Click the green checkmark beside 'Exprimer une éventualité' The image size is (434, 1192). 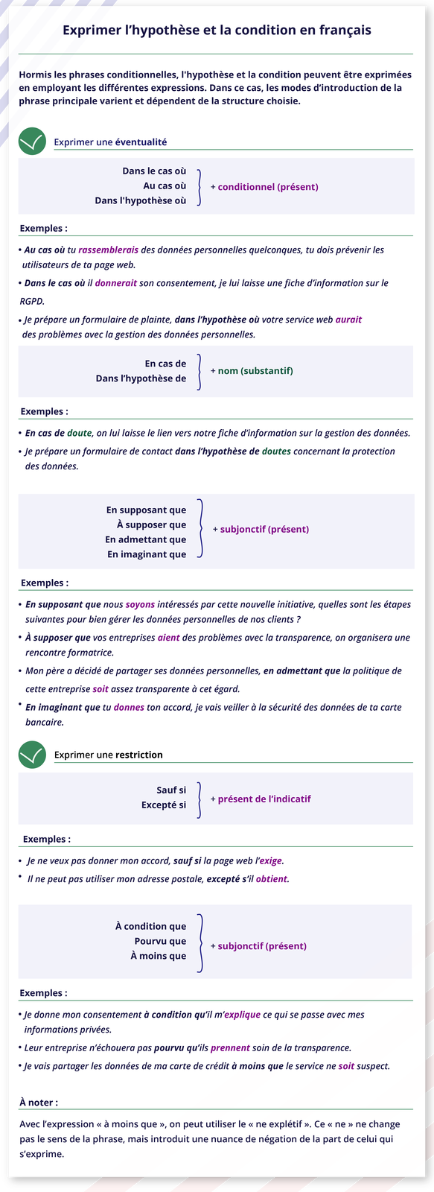coord(32,142)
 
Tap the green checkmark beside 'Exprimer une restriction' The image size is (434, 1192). coord(32,755)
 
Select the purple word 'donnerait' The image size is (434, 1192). coord(115,283)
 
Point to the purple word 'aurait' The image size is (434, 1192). coord(348,320)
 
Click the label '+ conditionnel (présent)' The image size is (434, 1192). coord(264,187)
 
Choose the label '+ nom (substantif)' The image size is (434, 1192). coord(252,370)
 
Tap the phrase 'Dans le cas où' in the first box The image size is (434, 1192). coord(154,171)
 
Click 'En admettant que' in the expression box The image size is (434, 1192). coord(146,539)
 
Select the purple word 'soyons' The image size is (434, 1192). coord(140,604)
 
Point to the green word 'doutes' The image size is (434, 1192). coord(276,451)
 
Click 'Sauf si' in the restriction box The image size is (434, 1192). coord(171,790)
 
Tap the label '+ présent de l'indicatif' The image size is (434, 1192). coord(261,799)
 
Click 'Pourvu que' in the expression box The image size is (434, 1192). coord(160,941)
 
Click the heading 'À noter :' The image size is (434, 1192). coord(39,1103)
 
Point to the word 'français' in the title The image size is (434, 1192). coord(343,31)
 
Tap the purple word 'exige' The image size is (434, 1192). coord(271,860)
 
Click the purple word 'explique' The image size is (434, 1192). coord(242,1015)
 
